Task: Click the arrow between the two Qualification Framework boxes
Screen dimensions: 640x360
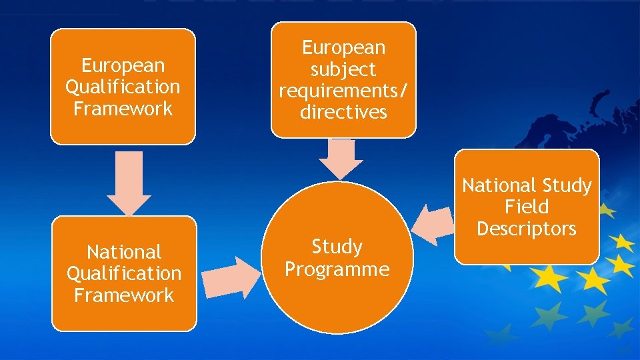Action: point(129,181)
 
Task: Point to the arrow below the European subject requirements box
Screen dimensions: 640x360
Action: point(340,159)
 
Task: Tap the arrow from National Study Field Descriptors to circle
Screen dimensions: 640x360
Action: point(433,223)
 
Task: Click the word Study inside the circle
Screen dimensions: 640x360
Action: point(337,247)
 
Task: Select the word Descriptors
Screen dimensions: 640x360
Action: point(527,229)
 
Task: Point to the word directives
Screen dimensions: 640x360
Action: point(343,112)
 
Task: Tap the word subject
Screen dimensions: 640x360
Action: point(343,69)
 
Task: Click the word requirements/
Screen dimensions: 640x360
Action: point(343,91)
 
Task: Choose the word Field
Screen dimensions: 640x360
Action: point(527,207)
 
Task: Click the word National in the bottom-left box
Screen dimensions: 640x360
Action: point(124,252)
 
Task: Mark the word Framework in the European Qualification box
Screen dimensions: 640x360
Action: point(123,108)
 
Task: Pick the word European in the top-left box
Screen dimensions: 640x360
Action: point(123,65)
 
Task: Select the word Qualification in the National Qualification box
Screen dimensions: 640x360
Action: point(124,273)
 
